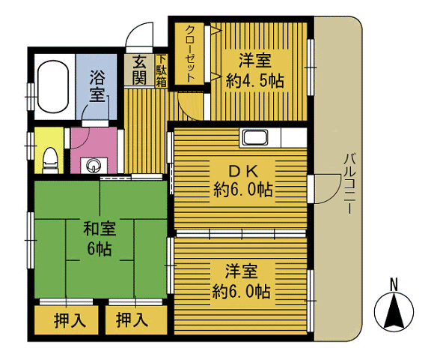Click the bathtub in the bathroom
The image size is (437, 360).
coord(53,86)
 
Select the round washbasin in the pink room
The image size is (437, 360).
coord(93,166)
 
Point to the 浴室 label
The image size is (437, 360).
coord(97,86)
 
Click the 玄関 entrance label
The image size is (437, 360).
coord(139,70)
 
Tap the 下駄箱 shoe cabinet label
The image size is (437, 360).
coord(161,71)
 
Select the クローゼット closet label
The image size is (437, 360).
coord(190,53)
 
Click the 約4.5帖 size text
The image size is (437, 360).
coord(254,81)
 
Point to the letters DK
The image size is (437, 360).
coord(242,171)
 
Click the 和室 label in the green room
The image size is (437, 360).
coord(100,229)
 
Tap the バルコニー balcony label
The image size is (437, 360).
coord(349,184)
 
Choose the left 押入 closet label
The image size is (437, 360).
coord(70,320)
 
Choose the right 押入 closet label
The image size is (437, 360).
coord(132,320)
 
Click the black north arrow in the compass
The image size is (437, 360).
coord(394,311)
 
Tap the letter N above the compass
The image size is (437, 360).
coord(394,285)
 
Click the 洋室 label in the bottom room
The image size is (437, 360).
coord(242,271)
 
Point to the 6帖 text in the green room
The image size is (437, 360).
coord(100,248)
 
